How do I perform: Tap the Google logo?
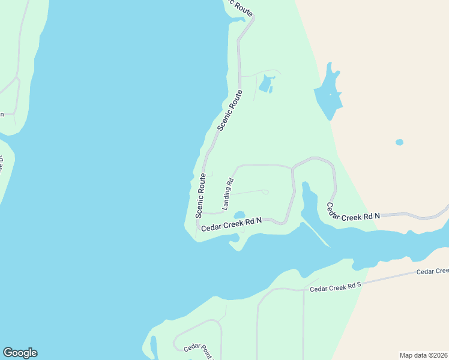tap(20, 353)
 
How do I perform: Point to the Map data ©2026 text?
tap(423, 355)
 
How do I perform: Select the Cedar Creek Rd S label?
tap(336, 287)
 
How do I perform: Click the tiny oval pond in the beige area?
tap(399, 142)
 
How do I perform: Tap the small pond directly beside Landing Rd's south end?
tap(240, 215)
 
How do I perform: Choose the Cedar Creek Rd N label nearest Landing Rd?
tap(231, 224)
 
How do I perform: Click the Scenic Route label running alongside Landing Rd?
tap(200, 196)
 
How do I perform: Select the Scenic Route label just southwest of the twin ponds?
tap(230, 110)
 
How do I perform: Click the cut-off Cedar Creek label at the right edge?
tap(432, 271)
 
